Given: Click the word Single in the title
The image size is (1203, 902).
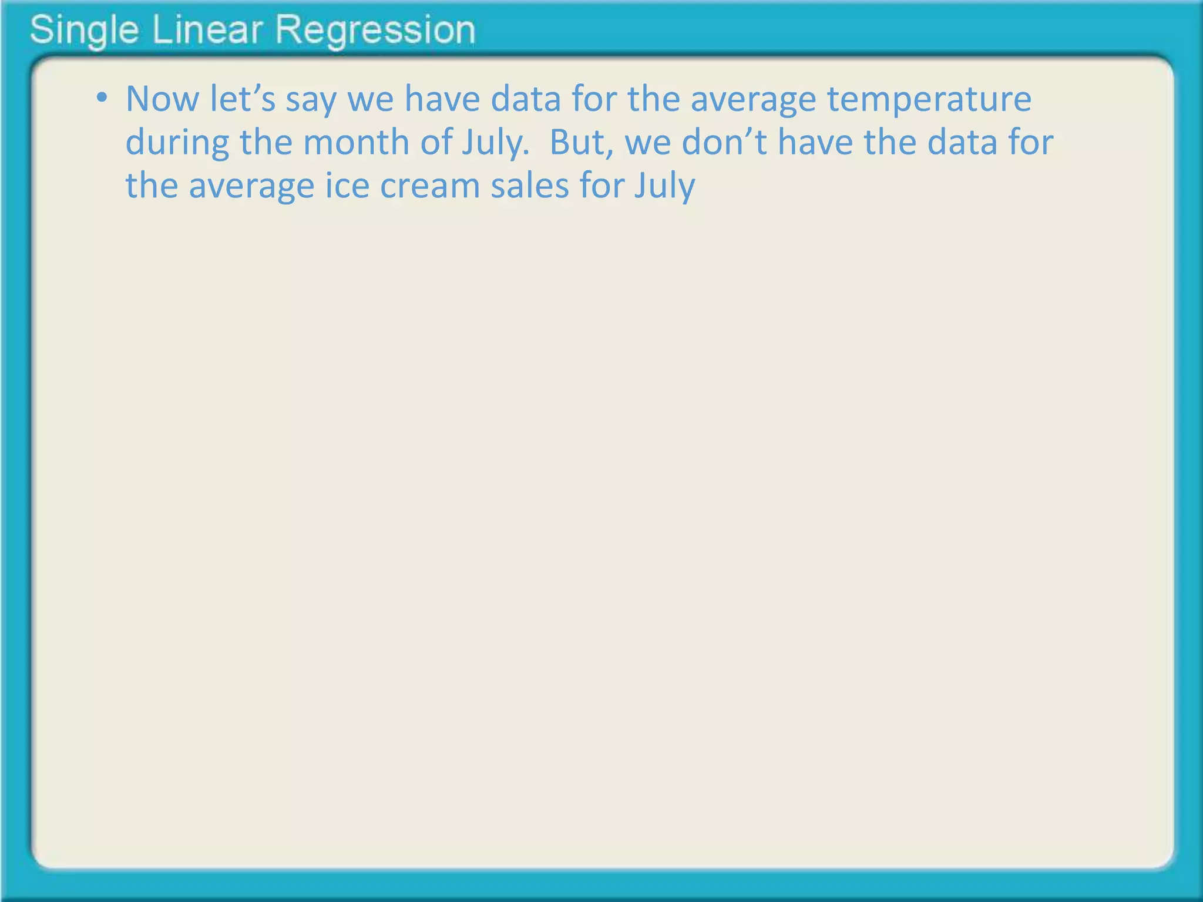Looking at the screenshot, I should pyautogui.click(x=84, y=31).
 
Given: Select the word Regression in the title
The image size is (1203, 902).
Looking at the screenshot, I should pyautogui.click(x=375, y=31).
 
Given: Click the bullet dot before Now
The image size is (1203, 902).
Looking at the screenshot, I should pyautogui.click(x=103, y=97).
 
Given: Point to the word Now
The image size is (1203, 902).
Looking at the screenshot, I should pyautogui.click(x=162, y=99).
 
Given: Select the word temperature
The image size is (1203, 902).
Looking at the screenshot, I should pyautogui.click(x=929, y=100).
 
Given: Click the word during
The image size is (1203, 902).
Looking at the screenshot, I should pyautogui.click(x=177, y=143).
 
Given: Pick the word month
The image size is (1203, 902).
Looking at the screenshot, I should pyautogui.click(x=356, y=142).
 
